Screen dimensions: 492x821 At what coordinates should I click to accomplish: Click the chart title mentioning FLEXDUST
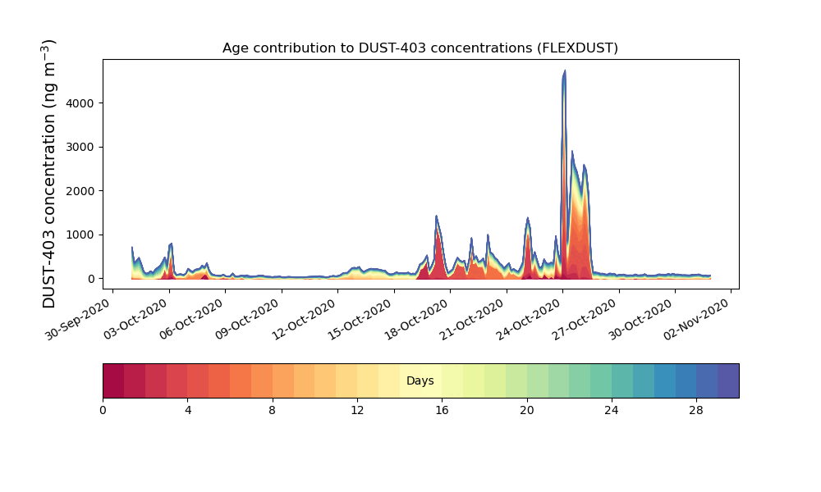coord(420,48)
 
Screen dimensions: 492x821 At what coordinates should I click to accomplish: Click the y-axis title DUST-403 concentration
coord(50,173)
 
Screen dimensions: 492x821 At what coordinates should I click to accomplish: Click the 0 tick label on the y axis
coord(90,279)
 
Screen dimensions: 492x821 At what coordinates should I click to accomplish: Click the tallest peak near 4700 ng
coord(564,71)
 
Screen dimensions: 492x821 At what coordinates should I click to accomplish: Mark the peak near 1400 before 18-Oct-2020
coord(436,216)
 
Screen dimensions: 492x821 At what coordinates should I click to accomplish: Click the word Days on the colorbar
coord(420,381)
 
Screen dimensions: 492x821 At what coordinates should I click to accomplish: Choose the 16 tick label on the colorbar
coord(442,410)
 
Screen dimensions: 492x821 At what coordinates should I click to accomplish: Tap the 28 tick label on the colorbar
coord(696,410)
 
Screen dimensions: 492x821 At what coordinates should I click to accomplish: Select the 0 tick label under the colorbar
coord(103,410)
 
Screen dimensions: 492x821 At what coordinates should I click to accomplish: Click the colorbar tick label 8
coord(273,410)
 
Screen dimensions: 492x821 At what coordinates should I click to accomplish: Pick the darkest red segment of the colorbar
coord(113,380)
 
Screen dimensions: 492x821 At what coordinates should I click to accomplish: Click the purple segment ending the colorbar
coord(727,380)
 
